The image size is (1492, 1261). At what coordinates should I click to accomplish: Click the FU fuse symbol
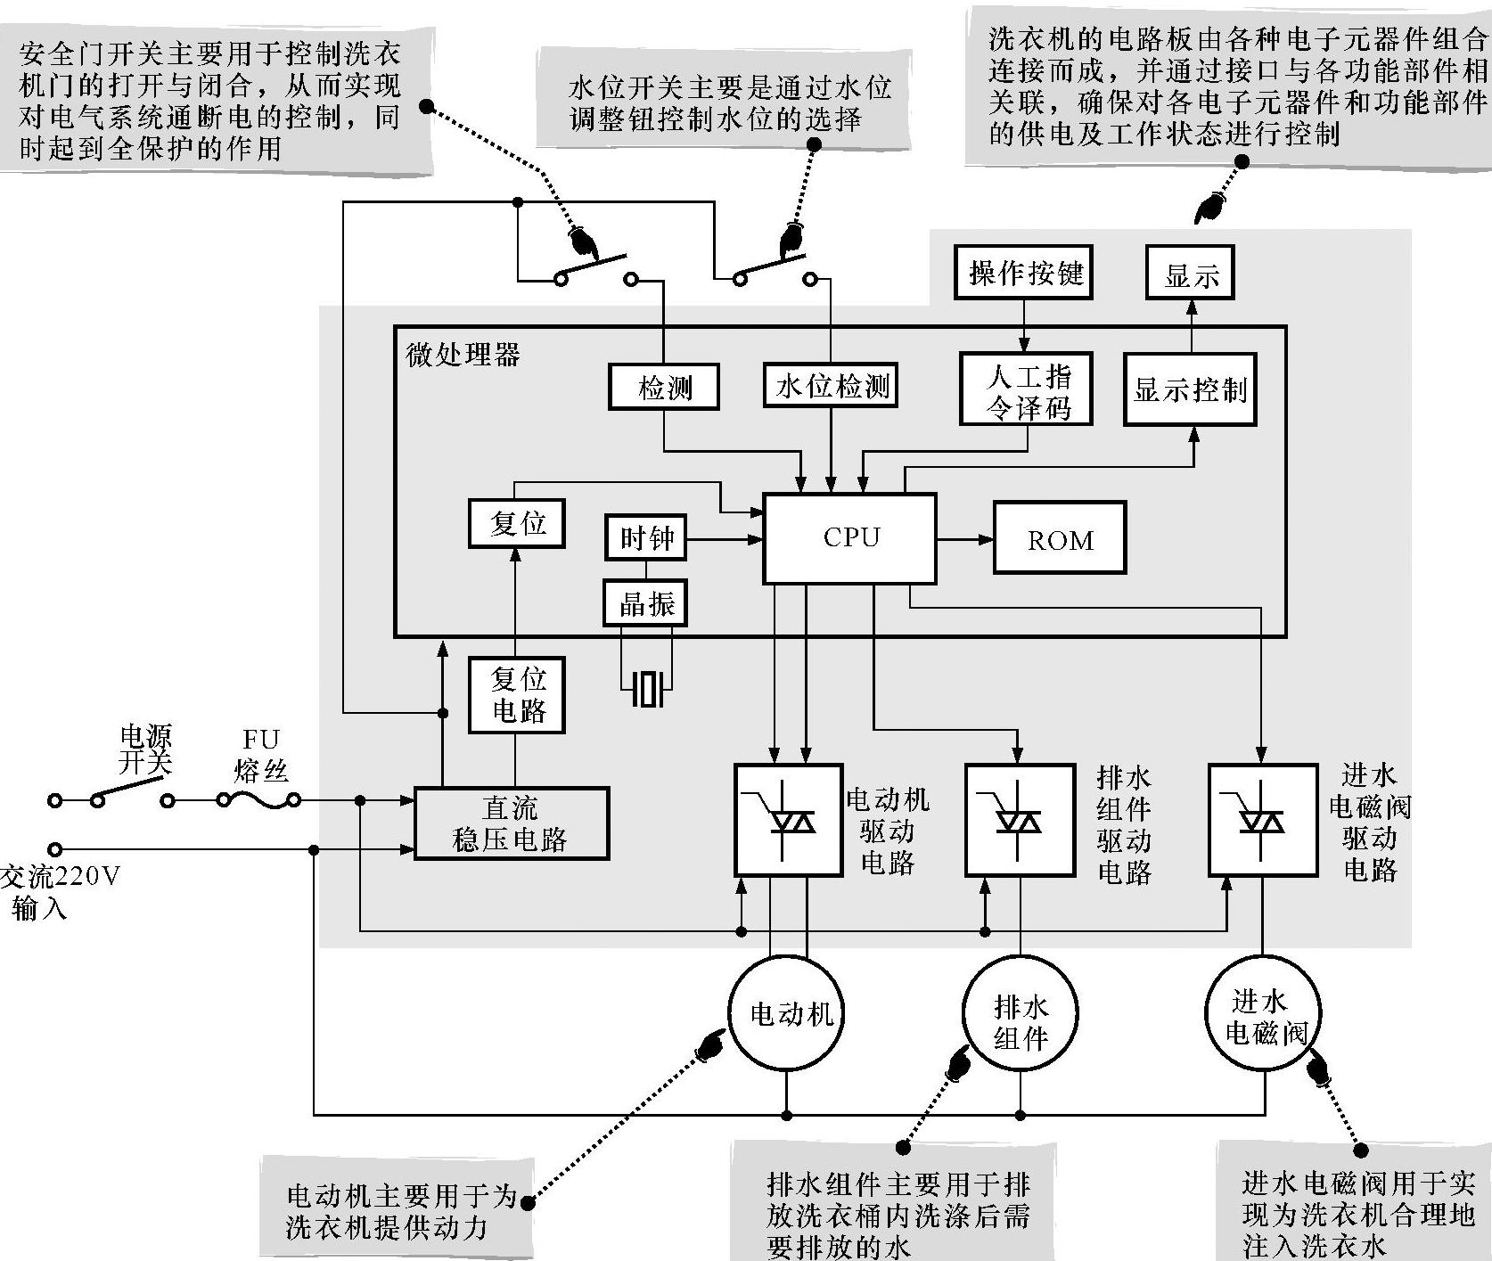pyautogui.click(x=259, y=801)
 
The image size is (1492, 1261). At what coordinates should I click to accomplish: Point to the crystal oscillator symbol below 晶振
pyautogui.click(x=647, y=688)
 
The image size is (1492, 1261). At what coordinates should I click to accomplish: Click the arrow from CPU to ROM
pyautogui.click(x=965, y=538)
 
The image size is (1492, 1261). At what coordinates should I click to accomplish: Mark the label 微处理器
pyautogui.click(x=463, y=355)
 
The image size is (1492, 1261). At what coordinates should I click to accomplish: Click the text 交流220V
pyautogui.click(x=61, y=877)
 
